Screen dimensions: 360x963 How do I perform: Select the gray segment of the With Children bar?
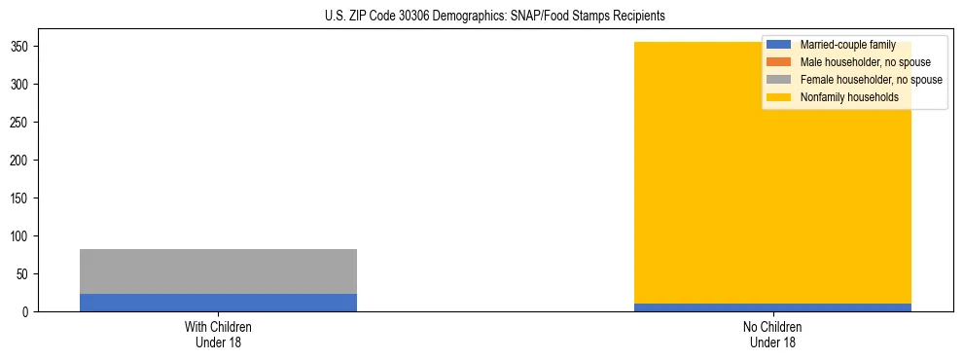click(218, 271)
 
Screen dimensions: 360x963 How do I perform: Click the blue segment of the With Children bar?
click(218, 303)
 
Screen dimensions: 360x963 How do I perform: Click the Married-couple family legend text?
click(847, 45)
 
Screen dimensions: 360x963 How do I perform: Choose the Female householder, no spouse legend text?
click(871, 80)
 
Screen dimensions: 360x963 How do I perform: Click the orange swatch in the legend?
click(779, 62)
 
